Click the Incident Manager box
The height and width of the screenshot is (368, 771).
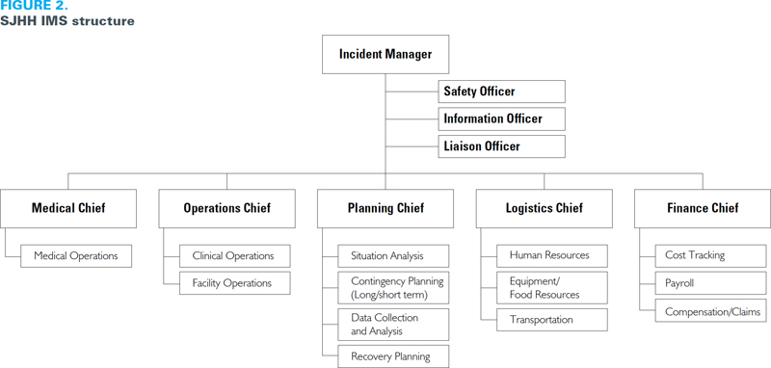(385, 54)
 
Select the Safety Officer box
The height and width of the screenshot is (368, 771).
(501, 92)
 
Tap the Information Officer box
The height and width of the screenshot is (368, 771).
(501, 118)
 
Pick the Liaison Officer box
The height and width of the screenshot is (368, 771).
(501, 146)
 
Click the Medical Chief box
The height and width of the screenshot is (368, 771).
(68, 208)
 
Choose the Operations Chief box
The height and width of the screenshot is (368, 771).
(226, 208)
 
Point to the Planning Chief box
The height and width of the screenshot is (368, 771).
(385, 208)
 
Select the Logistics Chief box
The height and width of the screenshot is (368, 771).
(544, 208)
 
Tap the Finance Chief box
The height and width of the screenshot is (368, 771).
(703, 208)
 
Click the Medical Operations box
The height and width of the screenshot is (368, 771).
(76, 256)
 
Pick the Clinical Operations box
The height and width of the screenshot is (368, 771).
(234, 256)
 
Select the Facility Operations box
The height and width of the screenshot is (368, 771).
(234, 283)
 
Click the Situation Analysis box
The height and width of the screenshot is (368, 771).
(393, 256)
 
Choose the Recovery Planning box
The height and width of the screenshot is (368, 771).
(393, 356)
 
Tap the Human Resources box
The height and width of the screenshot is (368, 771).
(551, 256)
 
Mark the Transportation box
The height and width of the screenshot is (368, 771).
(551, 320)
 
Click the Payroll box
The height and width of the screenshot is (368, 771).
(710, 283)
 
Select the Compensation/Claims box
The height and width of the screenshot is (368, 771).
(710, 311)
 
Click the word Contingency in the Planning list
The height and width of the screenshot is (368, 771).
(375, 282)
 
